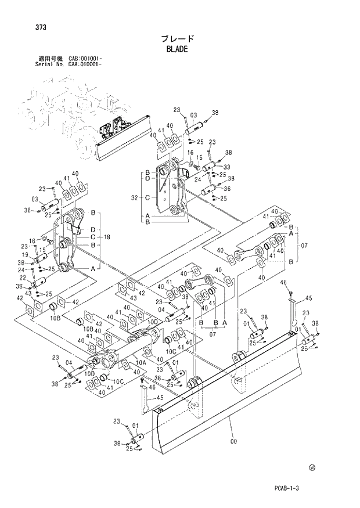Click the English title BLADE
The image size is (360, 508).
177,49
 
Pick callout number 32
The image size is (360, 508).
135,198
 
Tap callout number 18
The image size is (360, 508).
107,237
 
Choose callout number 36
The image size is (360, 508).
227,188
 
